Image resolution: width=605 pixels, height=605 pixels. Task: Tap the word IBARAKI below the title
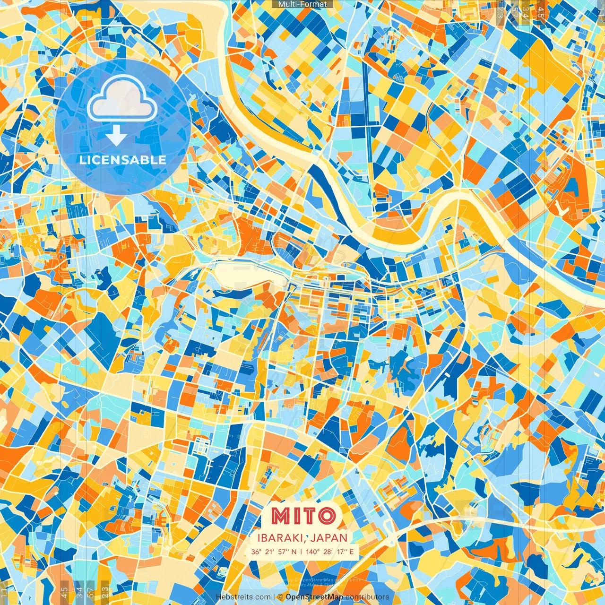(280, 538)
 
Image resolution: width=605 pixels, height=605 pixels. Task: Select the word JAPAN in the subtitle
(329, 538)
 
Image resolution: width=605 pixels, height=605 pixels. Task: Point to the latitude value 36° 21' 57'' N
(274, 552)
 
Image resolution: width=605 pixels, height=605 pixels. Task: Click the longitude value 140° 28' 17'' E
(329, 552)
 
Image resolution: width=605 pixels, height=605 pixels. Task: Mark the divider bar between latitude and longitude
(302, 552)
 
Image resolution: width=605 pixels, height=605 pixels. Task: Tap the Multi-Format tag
(302, 4)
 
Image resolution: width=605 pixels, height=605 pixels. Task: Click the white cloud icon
(122, 100)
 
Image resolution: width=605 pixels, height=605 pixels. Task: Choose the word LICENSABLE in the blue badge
(122, 160)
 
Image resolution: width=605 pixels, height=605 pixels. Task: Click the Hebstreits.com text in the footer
(243, 597)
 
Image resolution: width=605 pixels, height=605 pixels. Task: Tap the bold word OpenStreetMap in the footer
(314, 597)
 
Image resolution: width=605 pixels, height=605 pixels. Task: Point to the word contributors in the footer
(367, 597)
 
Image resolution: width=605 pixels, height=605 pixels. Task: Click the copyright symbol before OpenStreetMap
(280, 597)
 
